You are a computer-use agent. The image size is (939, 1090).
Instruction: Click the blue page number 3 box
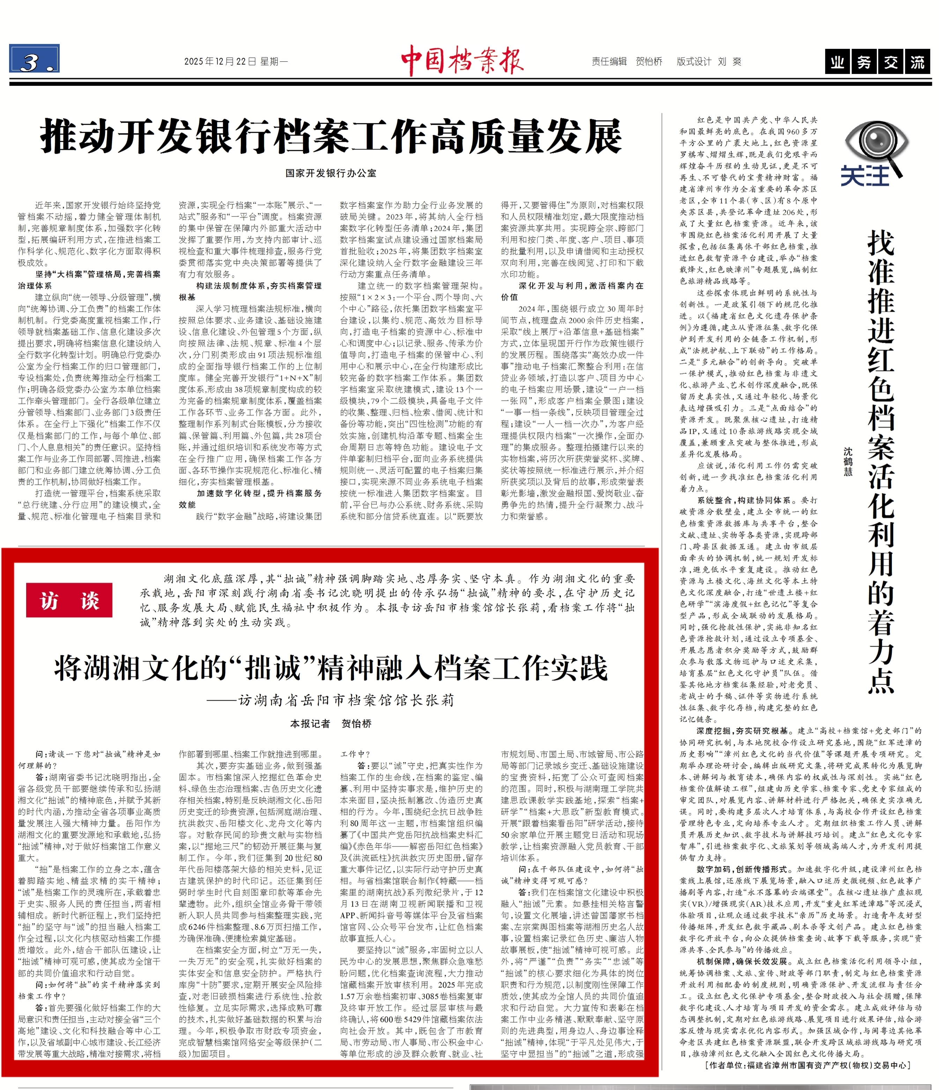[x=34, y=59]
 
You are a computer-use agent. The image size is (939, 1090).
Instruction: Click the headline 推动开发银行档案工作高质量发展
[x=331, y=136]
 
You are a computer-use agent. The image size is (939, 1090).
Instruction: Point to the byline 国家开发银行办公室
[x=331, y=173]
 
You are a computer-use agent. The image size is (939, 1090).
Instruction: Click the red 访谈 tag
[x=69, y=600]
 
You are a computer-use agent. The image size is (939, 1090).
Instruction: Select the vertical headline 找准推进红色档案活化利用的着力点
[x=881, y=463]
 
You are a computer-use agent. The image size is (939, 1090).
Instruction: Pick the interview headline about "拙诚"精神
[x=331, y=668]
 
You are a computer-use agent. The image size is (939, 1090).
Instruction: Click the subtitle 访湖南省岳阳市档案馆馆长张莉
[x=346, y=700]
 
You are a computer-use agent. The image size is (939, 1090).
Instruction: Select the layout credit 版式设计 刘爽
[x=709, y=61]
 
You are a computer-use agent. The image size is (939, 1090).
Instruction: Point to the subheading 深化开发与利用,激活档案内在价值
[x=572, y=291]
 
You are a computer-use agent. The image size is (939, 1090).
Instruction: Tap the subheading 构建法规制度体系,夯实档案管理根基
[x=250, y=291]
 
